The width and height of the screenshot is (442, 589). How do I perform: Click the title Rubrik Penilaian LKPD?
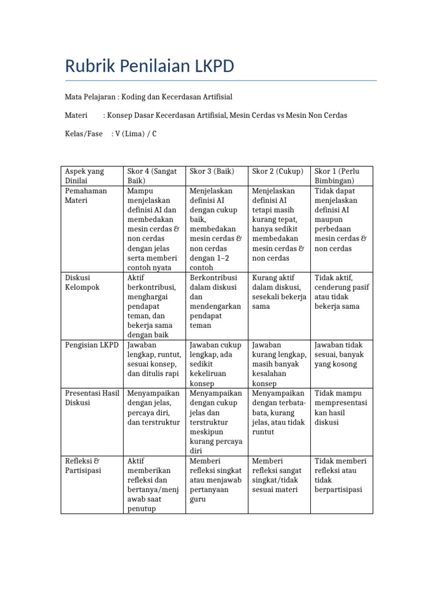pyautogui.click(x=149, y=66)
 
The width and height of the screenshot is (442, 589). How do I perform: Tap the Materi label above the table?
pyautogui.click(x=76, y=115)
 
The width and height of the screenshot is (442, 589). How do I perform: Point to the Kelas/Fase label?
pyautogui.click(x=83, y=133)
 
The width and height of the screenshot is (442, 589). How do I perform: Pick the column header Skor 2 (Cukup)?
pyautogui.click(x=277, y=171)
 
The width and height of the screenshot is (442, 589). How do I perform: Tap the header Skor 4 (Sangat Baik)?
pyautogui.click(x=153, y=176)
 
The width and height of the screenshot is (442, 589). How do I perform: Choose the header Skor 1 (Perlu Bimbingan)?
pyautogui.click(x=340, y=176)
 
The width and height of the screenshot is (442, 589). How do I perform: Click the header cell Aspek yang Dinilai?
pyautogui.click(x=85, y=176)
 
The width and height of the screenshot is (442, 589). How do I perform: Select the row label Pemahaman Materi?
pyautogui.click(x=86, y=196)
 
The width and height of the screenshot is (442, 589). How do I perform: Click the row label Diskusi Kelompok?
pyautogui.click(x=83, y=282)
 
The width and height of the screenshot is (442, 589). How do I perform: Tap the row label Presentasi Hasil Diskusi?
pyautogui.click(x=92, y=398)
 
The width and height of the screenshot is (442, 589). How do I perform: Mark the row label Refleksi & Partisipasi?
pyautogui.click(x=83, y=466)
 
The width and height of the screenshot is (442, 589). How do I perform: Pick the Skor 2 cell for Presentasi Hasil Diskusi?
pyautogui.click(x=279, y=412)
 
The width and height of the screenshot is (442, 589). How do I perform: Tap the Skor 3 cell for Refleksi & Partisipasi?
pyautogui.click(x=216, y=480)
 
